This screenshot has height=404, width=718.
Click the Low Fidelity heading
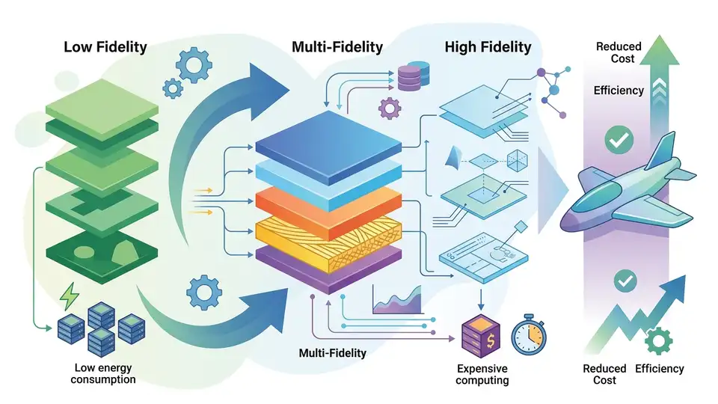pyautogui.click(x=105, y=46)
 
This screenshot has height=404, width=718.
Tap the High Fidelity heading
pyautogui.click(x=488, y=46)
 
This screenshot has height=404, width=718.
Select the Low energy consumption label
pyautogui.click(x=103, y=373)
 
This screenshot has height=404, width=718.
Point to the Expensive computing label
pyautogui.click(x=482, y=374)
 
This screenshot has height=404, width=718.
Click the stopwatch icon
pyautogui.click(x=529, y=335)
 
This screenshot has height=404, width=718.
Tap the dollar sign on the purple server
pyautogui.click(x=491, y=341)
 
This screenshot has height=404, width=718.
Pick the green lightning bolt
pyautogui.click(x=70, y=296)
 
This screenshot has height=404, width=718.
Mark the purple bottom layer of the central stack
pyautogui.click(x=328, y=269)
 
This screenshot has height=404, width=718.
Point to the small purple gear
pyautogui.click(x=390, y=108)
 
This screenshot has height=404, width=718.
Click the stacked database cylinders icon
pyautogui.click(x=414, y=76)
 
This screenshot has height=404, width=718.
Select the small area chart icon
pyautogui.click(x=397, y=301)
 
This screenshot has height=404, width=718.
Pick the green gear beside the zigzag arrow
pyautogui.click(x=658, y=341)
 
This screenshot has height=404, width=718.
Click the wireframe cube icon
pyautogui.click(x=517, y=161)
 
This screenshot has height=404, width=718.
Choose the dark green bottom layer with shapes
pyautogui.click(x=102, y=256)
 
